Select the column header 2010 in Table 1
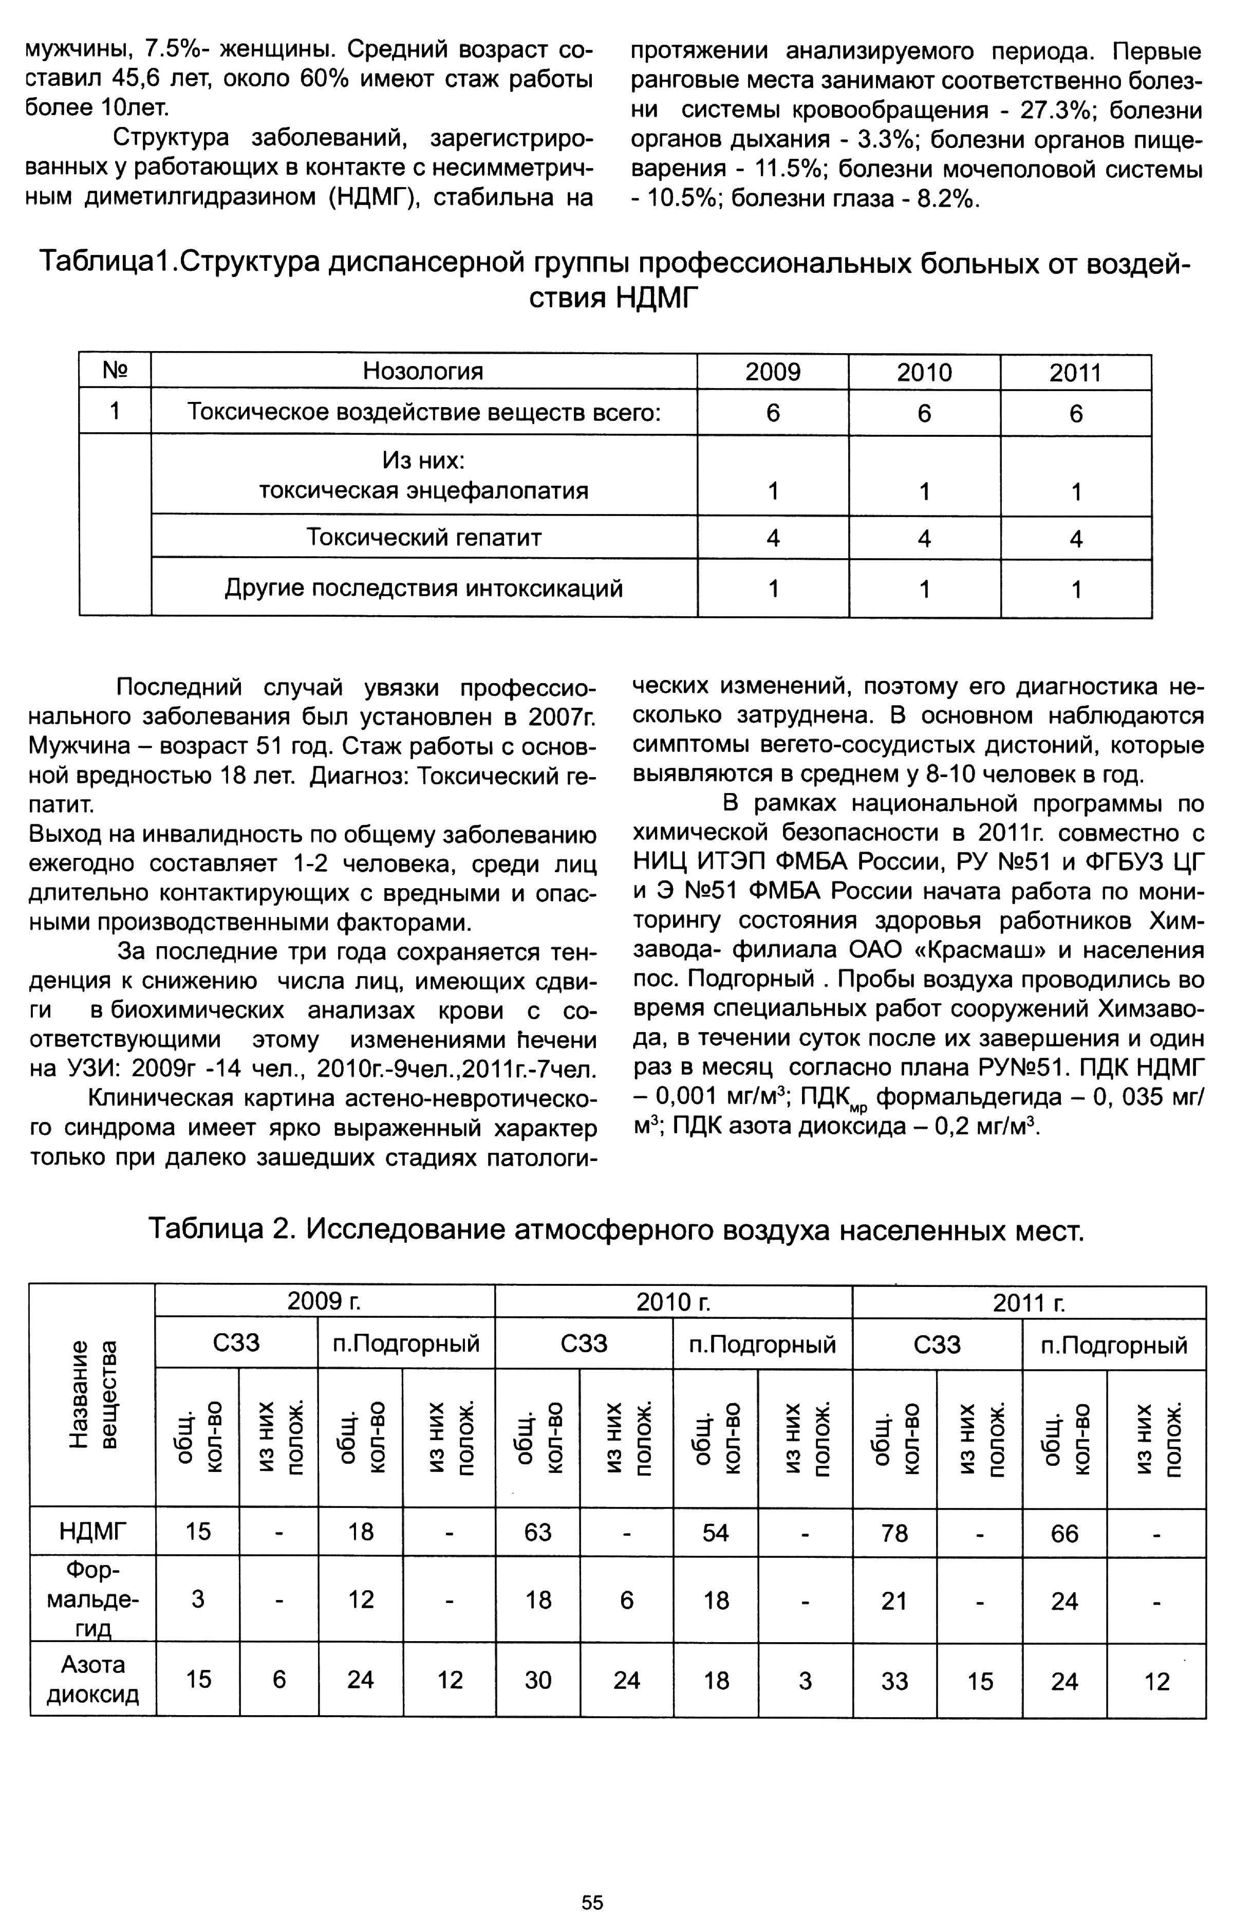924,372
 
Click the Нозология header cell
423,372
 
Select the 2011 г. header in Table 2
1029,1303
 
